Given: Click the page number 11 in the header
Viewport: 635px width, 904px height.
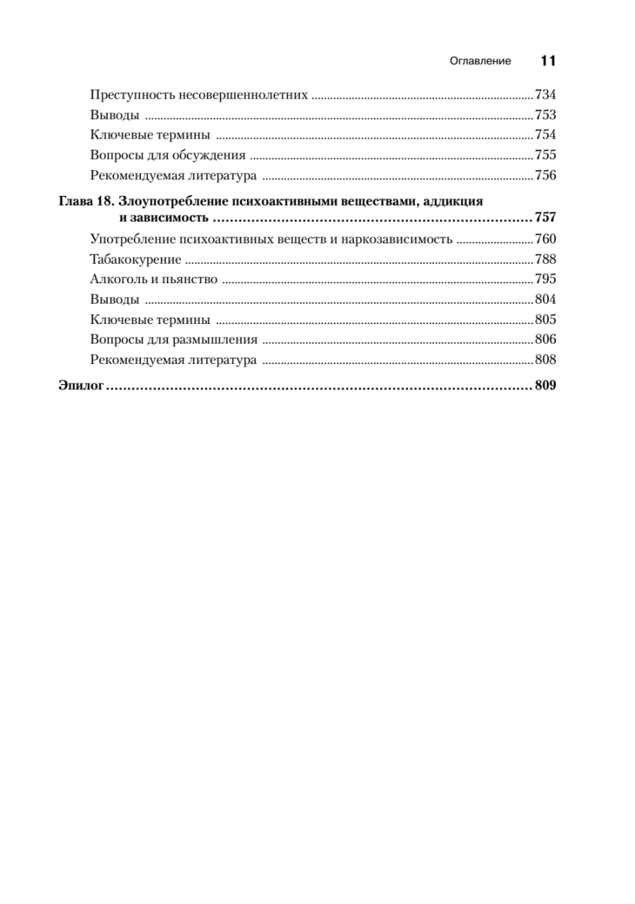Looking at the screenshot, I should pyautogui.click(x=548, y=61).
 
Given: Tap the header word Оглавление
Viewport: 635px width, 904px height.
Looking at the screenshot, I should pyautogui.click(x=480, y=62).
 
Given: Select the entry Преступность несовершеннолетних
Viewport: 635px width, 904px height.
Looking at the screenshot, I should pyautogui.click(x=199, y=96).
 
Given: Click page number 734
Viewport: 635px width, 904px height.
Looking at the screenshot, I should pyautogui.click(x=545, y=96).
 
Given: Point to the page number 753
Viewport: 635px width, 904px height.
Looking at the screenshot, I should pyautogui.click(x=545, y=115).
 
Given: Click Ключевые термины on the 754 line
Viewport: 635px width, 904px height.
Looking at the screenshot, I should pyautogui.click(x=149, y=136).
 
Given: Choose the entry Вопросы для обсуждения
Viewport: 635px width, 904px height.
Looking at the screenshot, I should pyautogui.click(x=167, y=156).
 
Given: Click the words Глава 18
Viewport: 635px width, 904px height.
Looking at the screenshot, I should pyautogui.click(x=84, y=202).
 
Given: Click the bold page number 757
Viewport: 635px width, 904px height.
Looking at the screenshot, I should pyautogui.click(x=545, y=218).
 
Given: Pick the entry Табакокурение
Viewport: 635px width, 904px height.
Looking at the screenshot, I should pyautogui.click(x=135, y=260).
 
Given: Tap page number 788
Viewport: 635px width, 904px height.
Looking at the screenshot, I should pyautogui.click(x=545, y=260).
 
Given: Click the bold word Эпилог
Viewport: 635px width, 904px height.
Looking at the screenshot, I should pyautogui.click(x=80, y=386).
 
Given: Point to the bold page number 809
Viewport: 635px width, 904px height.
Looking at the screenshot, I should pyautogui.click(x=545, y=386).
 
